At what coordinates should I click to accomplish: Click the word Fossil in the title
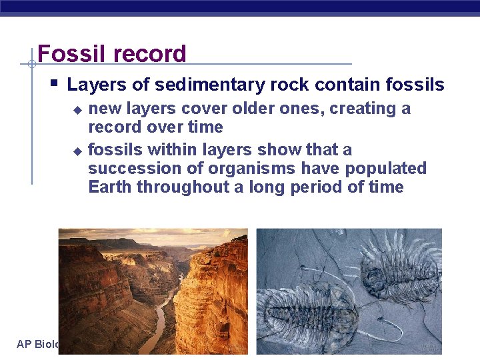pos(67,54)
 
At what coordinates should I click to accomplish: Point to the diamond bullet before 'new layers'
pos(77,109)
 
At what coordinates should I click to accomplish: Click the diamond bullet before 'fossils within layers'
pos(77,151)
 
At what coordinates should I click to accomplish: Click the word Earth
pos(110,187)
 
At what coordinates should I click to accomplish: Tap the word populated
pos(387,169)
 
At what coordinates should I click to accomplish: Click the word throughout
pos(183,187)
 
